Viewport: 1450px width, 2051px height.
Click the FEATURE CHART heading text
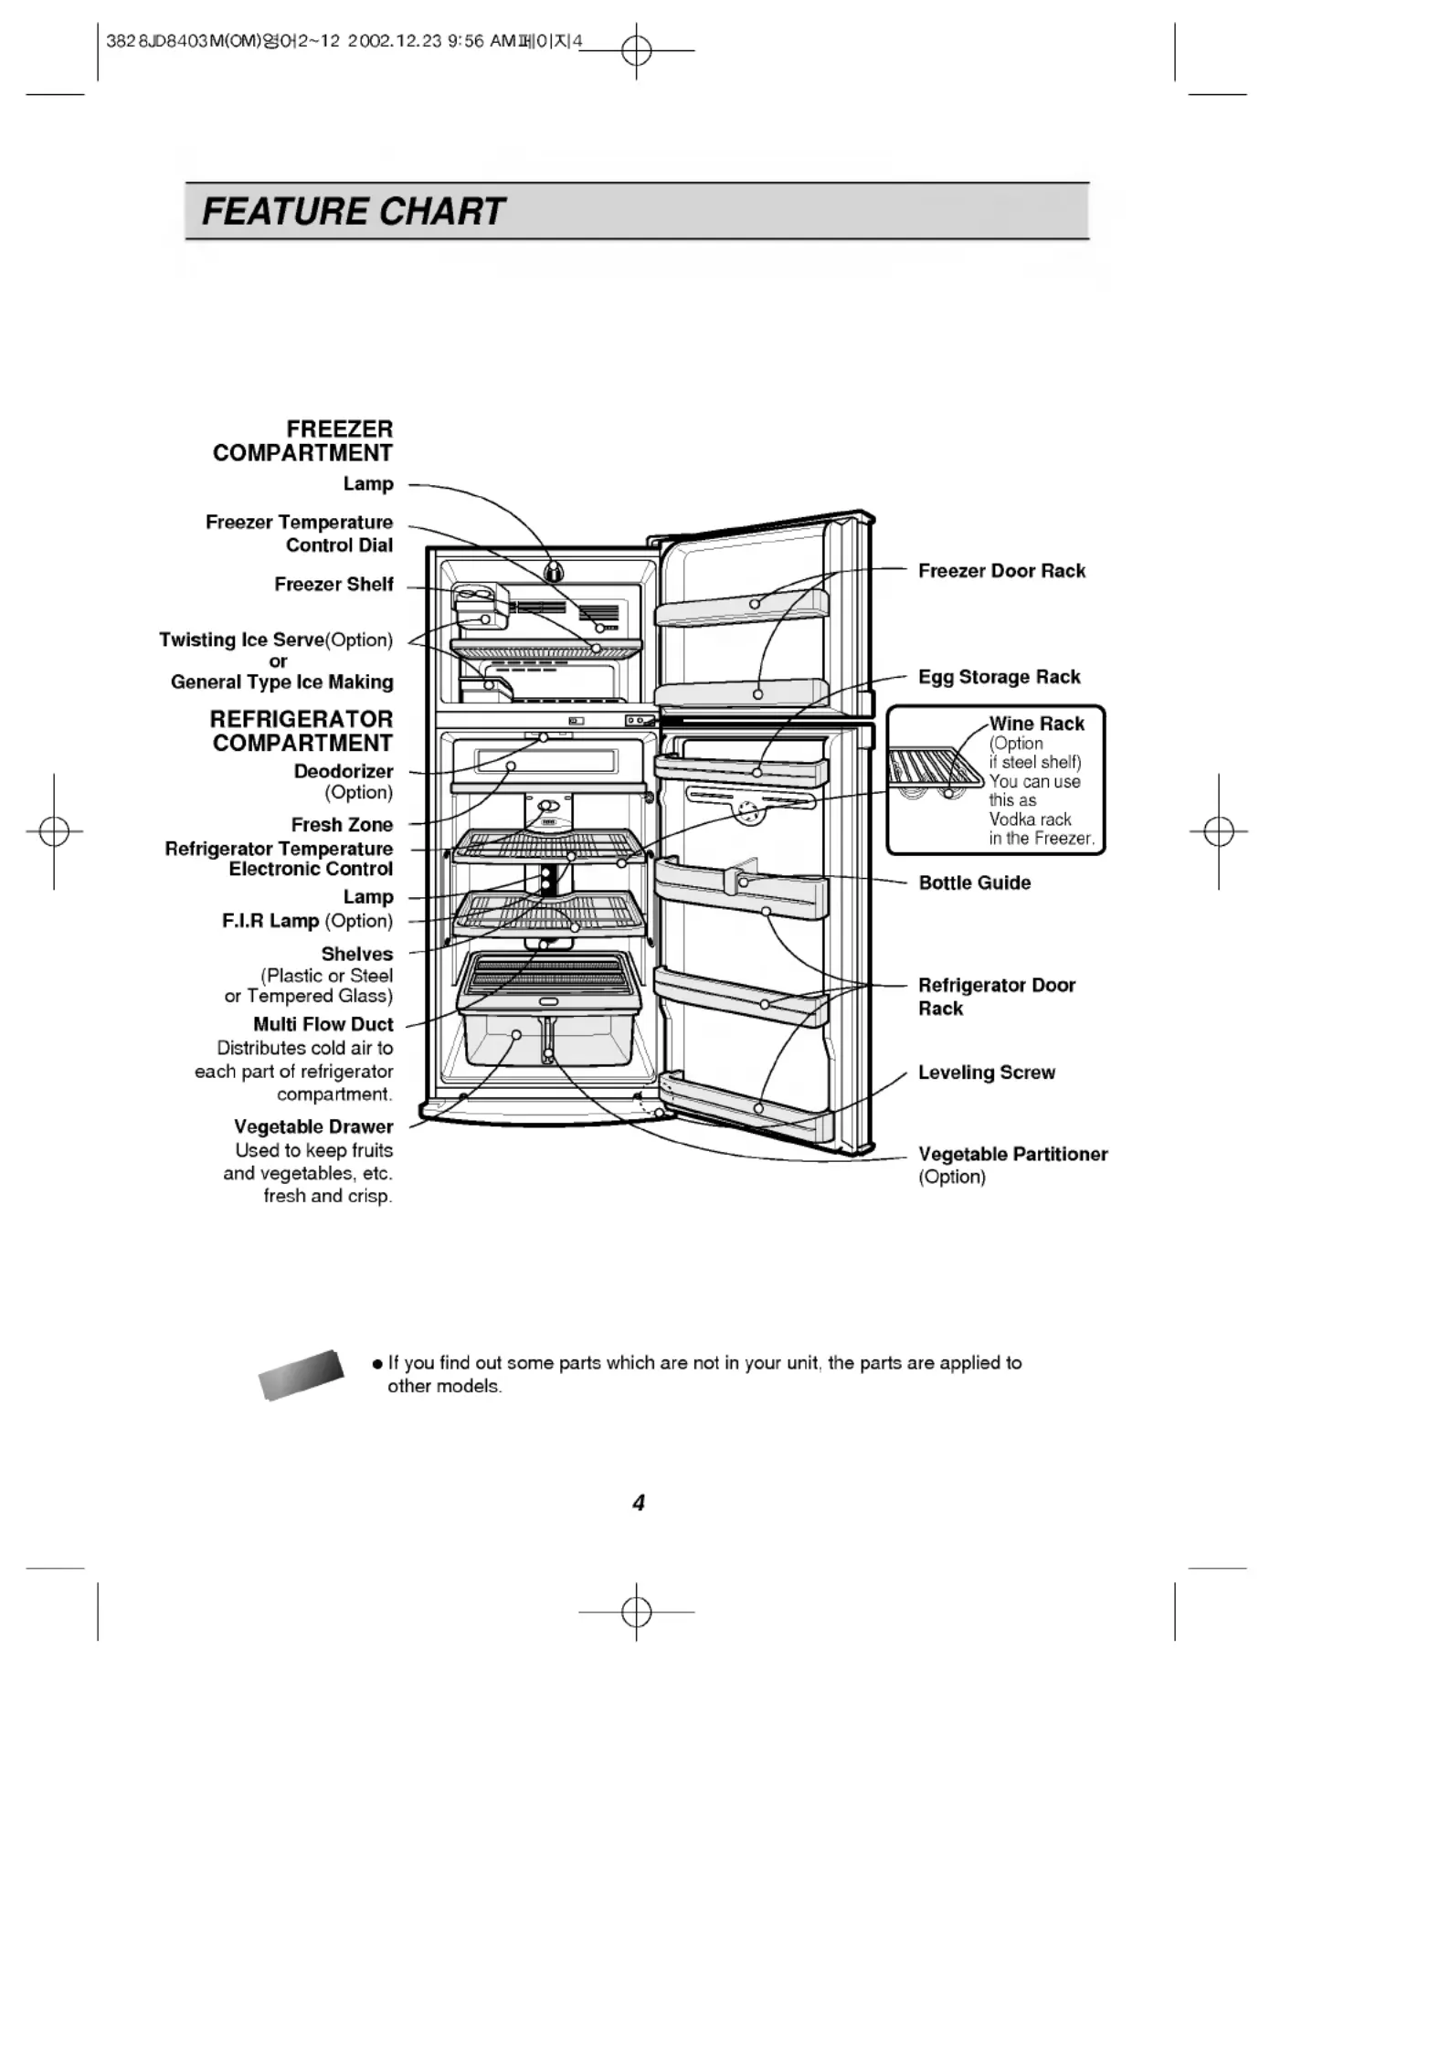click(353, 211)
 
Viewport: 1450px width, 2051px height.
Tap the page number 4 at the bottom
click(639, 1503)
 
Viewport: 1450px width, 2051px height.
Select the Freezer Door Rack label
click(1001, 571)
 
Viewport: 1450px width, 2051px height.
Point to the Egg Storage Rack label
click(999, 677)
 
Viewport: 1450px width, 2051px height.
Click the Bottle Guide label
click(974, 883)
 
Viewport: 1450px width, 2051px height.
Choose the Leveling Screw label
click(986, 1073)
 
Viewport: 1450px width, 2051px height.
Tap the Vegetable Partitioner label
click(1012, 1154)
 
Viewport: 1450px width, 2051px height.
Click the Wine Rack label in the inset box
click(1036, 724)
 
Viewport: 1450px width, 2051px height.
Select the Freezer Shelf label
click(333, 584)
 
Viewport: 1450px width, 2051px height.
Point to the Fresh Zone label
click(342, 824)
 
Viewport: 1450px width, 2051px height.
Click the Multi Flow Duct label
click(323, 1024)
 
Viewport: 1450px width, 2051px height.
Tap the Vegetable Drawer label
click(312, 1126)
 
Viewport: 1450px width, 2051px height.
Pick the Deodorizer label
click(343, 771)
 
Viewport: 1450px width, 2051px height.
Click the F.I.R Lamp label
click(270, 921)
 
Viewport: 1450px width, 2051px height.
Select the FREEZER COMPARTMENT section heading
click(302, 440)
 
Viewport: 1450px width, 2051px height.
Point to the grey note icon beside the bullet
click(302, 1375)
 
